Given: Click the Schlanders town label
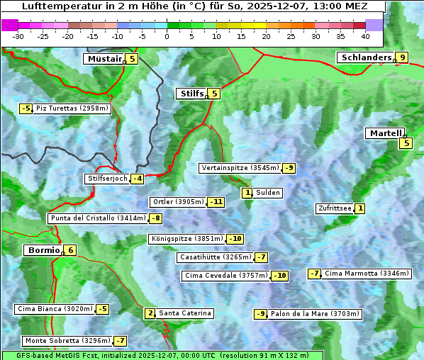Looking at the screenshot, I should tap(365, 57).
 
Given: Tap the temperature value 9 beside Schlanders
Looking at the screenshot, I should tap(402, 58).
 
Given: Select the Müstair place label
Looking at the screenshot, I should tap(104, 59).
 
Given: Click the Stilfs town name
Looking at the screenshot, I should tap(191, 94).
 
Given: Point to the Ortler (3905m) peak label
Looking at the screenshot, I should tap(178, 202).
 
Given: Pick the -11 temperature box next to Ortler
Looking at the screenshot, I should tap(216, 202).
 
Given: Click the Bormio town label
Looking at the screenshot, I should tap(43, 250).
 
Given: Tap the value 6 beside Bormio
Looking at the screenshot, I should tap(70, 250).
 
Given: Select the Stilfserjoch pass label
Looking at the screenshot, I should tap(107, 179).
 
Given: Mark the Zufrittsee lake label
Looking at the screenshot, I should tap(334, 208).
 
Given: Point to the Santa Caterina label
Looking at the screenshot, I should tap(185, 313).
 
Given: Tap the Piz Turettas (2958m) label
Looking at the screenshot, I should tap(72, 108).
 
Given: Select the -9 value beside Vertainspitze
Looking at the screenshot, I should tap(289, 168).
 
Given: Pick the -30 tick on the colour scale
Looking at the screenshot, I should tap(18, 36).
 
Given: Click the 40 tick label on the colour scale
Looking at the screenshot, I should tap(365, 36).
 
